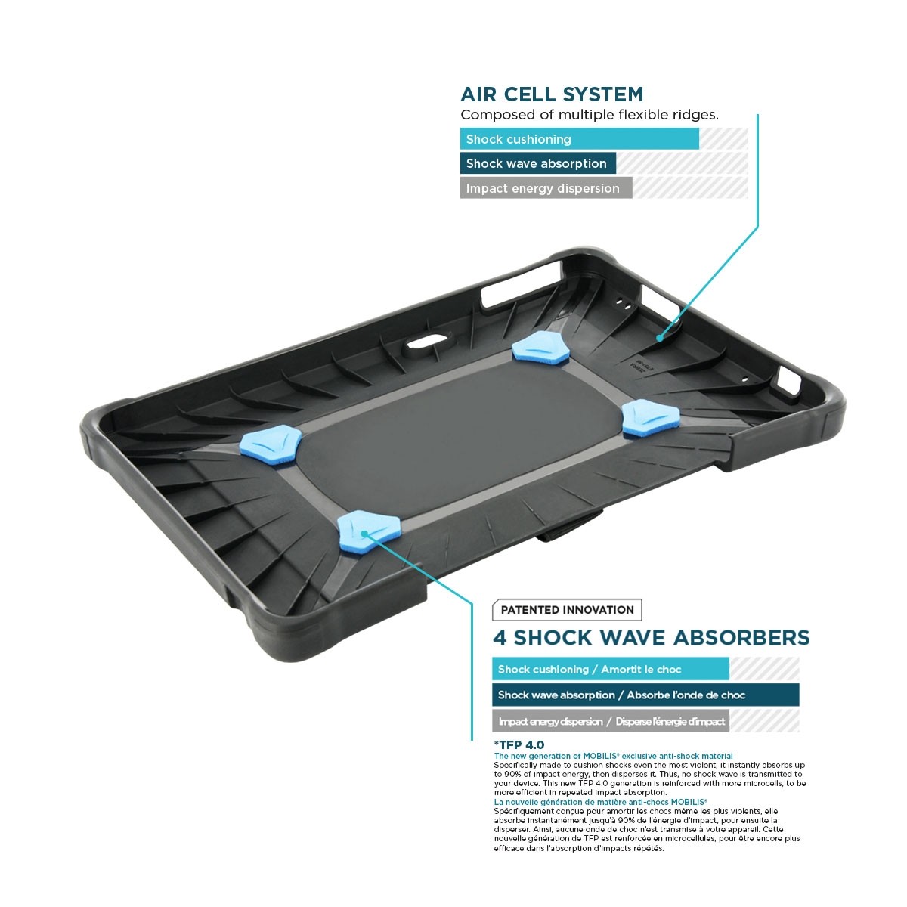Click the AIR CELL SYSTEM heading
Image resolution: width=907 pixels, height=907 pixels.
(x=552, y=94)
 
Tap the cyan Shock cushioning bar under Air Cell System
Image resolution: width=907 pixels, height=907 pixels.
(x=579, y=139)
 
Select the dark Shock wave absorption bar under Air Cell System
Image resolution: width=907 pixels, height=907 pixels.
(x=537, y=163)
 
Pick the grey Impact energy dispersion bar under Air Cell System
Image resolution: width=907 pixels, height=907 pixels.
(x=545, y=188)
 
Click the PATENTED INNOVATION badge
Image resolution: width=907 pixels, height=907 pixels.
(x=567, y=610)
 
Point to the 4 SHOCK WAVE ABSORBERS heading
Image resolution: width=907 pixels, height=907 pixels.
(x=651, y=638)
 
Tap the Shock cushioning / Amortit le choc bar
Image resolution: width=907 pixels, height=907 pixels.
(x=610, y=669)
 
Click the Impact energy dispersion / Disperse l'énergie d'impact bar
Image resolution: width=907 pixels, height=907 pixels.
(x=611, y=721)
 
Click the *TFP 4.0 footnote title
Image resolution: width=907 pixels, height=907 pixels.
(x=519, y=744)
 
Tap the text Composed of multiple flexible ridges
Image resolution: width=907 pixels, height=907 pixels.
(x=589, y=115)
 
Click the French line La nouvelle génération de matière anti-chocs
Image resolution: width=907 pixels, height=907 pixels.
(x=600, y=802)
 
